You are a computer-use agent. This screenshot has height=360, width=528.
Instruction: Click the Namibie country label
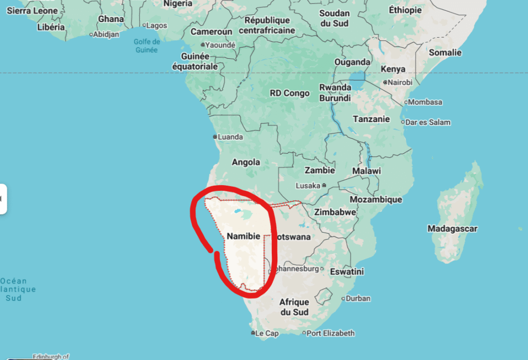[x=243, y=236]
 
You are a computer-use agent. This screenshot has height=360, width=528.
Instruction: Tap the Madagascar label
[x=452, y=228]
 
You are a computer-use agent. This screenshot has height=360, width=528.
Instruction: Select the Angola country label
[x=246, y=162]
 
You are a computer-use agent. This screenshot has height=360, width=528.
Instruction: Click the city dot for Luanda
[x=215, y=137]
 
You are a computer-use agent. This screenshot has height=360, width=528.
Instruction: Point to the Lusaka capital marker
[x=324, y=185]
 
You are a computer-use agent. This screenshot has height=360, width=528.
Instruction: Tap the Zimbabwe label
[x=335, y=212]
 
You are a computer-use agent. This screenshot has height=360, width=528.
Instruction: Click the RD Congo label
[x=290, y=93]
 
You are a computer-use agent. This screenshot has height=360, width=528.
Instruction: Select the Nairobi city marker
[x=385, y=83]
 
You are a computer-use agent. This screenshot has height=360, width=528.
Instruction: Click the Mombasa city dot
[x=406, y=102]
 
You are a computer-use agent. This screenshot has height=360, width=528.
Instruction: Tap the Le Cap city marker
[x=253, y=334]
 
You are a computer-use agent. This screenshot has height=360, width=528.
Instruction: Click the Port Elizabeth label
[x=331, y=333]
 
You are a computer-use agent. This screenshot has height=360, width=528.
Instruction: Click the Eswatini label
[x=347, y=271]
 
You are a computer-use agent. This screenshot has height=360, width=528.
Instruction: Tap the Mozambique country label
[x=376, y=199]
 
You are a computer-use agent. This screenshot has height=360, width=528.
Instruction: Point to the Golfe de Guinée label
[x=146, y=46]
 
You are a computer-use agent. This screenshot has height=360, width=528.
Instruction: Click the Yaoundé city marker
[x=202, y=45]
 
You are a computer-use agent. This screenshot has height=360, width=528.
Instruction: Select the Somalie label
[x=445, y=52]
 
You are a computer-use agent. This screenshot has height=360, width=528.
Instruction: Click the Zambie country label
[x=320, y=170]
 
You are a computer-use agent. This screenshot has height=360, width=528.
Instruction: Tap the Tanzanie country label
[x=371, y=119]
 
